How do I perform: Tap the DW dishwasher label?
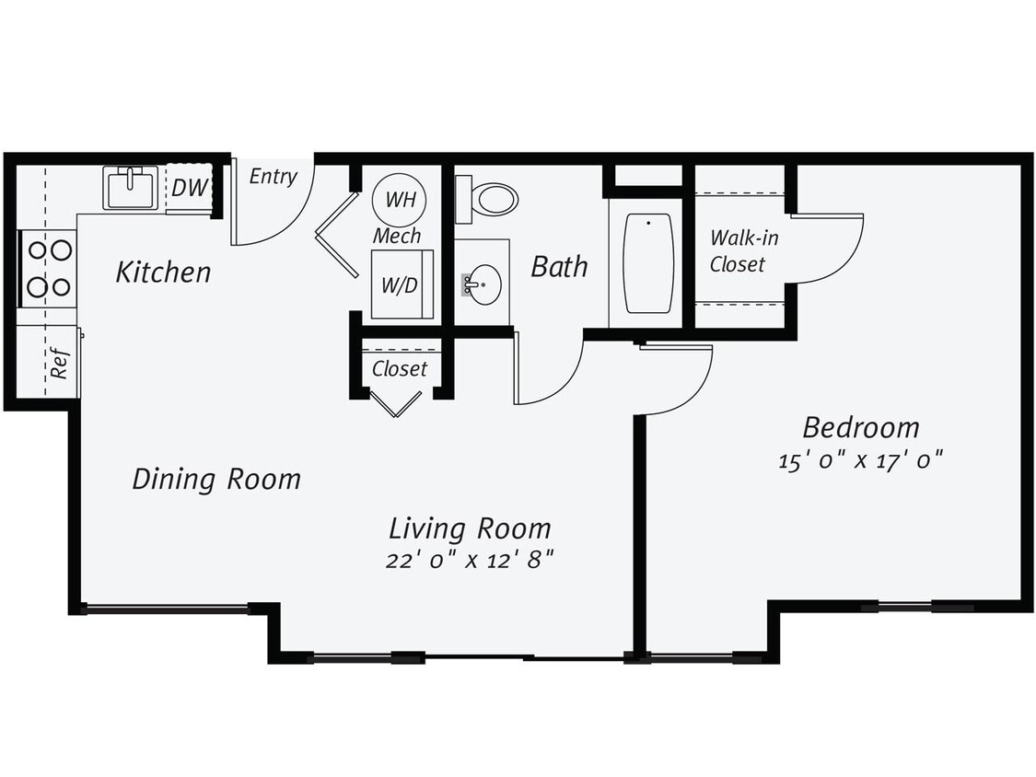(190, 188)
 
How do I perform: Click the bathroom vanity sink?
(483, 284)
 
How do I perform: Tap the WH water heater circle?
(399, 200)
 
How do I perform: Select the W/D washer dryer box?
(400, 285)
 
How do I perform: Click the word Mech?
(397, 236)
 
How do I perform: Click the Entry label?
(274, 177)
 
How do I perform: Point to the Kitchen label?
(163, 273)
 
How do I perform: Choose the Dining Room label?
(216, 480)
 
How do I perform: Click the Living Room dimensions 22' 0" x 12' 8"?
(469, 560)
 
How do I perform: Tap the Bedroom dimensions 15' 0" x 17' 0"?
(861, 459)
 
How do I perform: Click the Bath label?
(559, 267)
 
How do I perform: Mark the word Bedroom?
(861, 428)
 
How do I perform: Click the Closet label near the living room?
(400, 369)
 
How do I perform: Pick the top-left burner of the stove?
(38, 249)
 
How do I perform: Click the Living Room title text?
(470, 528)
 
